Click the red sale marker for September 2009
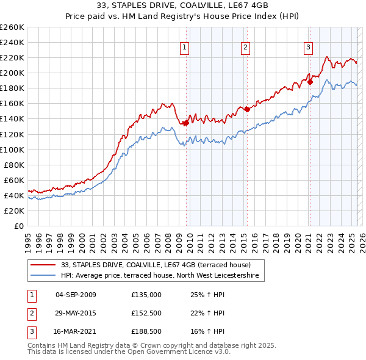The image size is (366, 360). tap(186, 123)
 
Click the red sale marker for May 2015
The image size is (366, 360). tap(247, 109)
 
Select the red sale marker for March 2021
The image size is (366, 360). tap(310, 81)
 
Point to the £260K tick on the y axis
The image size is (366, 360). tap(12, 27)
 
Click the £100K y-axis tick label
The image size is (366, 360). tap(12, 149)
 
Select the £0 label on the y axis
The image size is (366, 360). tap(20, 226)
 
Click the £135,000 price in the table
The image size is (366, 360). tap(146, 295)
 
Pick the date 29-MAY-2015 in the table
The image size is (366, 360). tap(76, 313)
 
